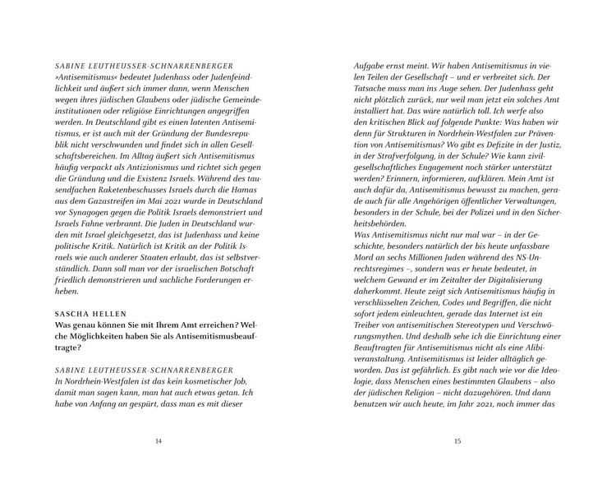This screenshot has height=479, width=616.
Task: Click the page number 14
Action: pyautogui.click(x=159, y=441)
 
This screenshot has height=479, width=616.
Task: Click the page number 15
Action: pyautogui.click(x=457, y=441)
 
